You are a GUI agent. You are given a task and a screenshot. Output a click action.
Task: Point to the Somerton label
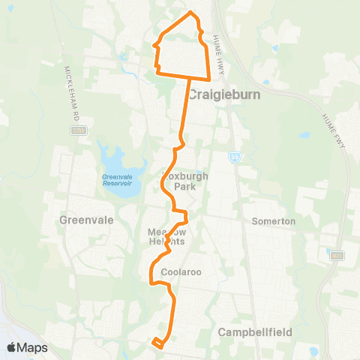[274, 221]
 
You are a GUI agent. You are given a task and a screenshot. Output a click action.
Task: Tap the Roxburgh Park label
[179, 181]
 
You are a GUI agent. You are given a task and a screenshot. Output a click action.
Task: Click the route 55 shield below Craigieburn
[235, 156]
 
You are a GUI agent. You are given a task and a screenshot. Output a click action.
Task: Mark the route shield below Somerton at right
[336, 256]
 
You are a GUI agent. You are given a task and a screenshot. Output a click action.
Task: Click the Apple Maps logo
[27, 347]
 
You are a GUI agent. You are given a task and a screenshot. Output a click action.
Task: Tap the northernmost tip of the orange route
[191, 13]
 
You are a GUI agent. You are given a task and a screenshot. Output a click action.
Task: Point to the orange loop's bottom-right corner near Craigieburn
[208, 78]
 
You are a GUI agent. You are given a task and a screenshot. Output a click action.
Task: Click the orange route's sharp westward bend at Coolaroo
[152, 283]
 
